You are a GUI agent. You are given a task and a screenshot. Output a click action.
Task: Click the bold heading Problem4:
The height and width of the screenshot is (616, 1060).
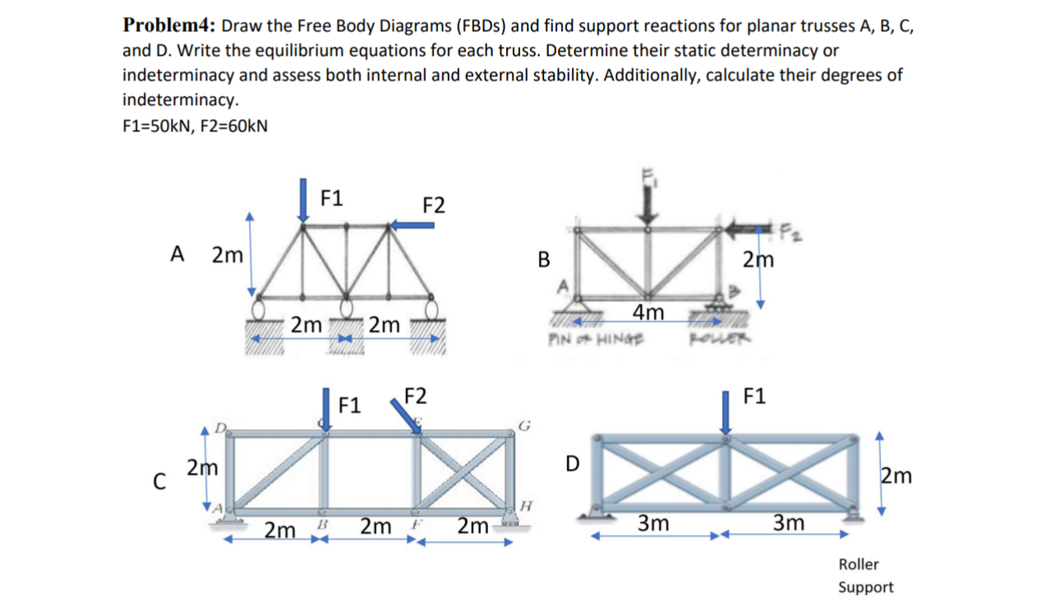pos(169,25)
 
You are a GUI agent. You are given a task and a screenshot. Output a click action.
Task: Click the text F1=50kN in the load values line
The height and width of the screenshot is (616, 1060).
pos(154,126)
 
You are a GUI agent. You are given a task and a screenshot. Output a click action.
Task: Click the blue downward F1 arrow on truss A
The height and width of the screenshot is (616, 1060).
pos(304,200)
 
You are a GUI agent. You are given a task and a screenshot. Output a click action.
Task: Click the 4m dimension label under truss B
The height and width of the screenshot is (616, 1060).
pos(648,312)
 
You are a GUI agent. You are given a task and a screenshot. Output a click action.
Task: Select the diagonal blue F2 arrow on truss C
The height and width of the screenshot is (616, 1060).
pos(408,416)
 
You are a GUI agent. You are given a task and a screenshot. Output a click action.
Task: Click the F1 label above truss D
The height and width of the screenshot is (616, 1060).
pos(754,397)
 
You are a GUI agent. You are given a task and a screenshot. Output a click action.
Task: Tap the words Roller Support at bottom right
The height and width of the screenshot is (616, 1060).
pos(865,576)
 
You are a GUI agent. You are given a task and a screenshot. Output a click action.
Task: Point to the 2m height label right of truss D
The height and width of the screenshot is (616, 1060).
pos(896,476)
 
